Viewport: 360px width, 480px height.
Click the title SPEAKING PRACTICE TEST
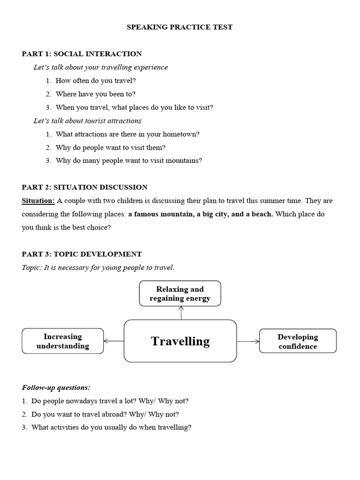coord(180,27)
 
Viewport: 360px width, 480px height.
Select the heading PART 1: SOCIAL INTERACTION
coord(82,54)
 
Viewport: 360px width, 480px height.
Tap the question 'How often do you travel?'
coord(96,81)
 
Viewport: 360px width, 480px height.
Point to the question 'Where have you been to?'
coord(96,94)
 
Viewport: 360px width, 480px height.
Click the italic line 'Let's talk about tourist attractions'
coord(87,120)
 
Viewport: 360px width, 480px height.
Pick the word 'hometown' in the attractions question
coord(182,134)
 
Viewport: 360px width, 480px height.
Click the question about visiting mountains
coord(129,160)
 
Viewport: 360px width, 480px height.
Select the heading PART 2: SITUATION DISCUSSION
coord(84,187)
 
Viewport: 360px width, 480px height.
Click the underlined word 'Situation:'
coord(38,201)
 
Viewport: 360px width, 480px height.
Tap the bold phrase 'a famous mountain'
coord(157,214)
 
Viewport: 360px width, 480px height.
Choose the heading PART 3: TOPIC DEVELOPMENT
coord(82,254)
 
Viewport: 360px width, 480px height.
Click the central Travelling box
coord(180,341)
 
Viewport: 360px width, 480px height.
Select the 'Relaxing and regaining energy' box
coord(180,293)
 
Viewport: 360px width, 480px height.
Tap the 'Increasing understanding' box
coord(63,341)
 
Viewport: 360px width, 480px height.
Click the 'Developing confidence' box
coord(298,341)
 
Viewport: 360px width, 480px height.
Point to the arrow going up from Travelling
coord(181,313)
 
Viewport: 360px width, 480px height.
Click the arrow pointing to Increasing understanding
coord(114,341)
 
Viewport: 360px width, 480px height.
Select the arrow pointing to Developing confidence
coord(248,341)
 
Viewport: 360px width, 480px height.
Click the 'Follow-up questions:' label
coord(56,388)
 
